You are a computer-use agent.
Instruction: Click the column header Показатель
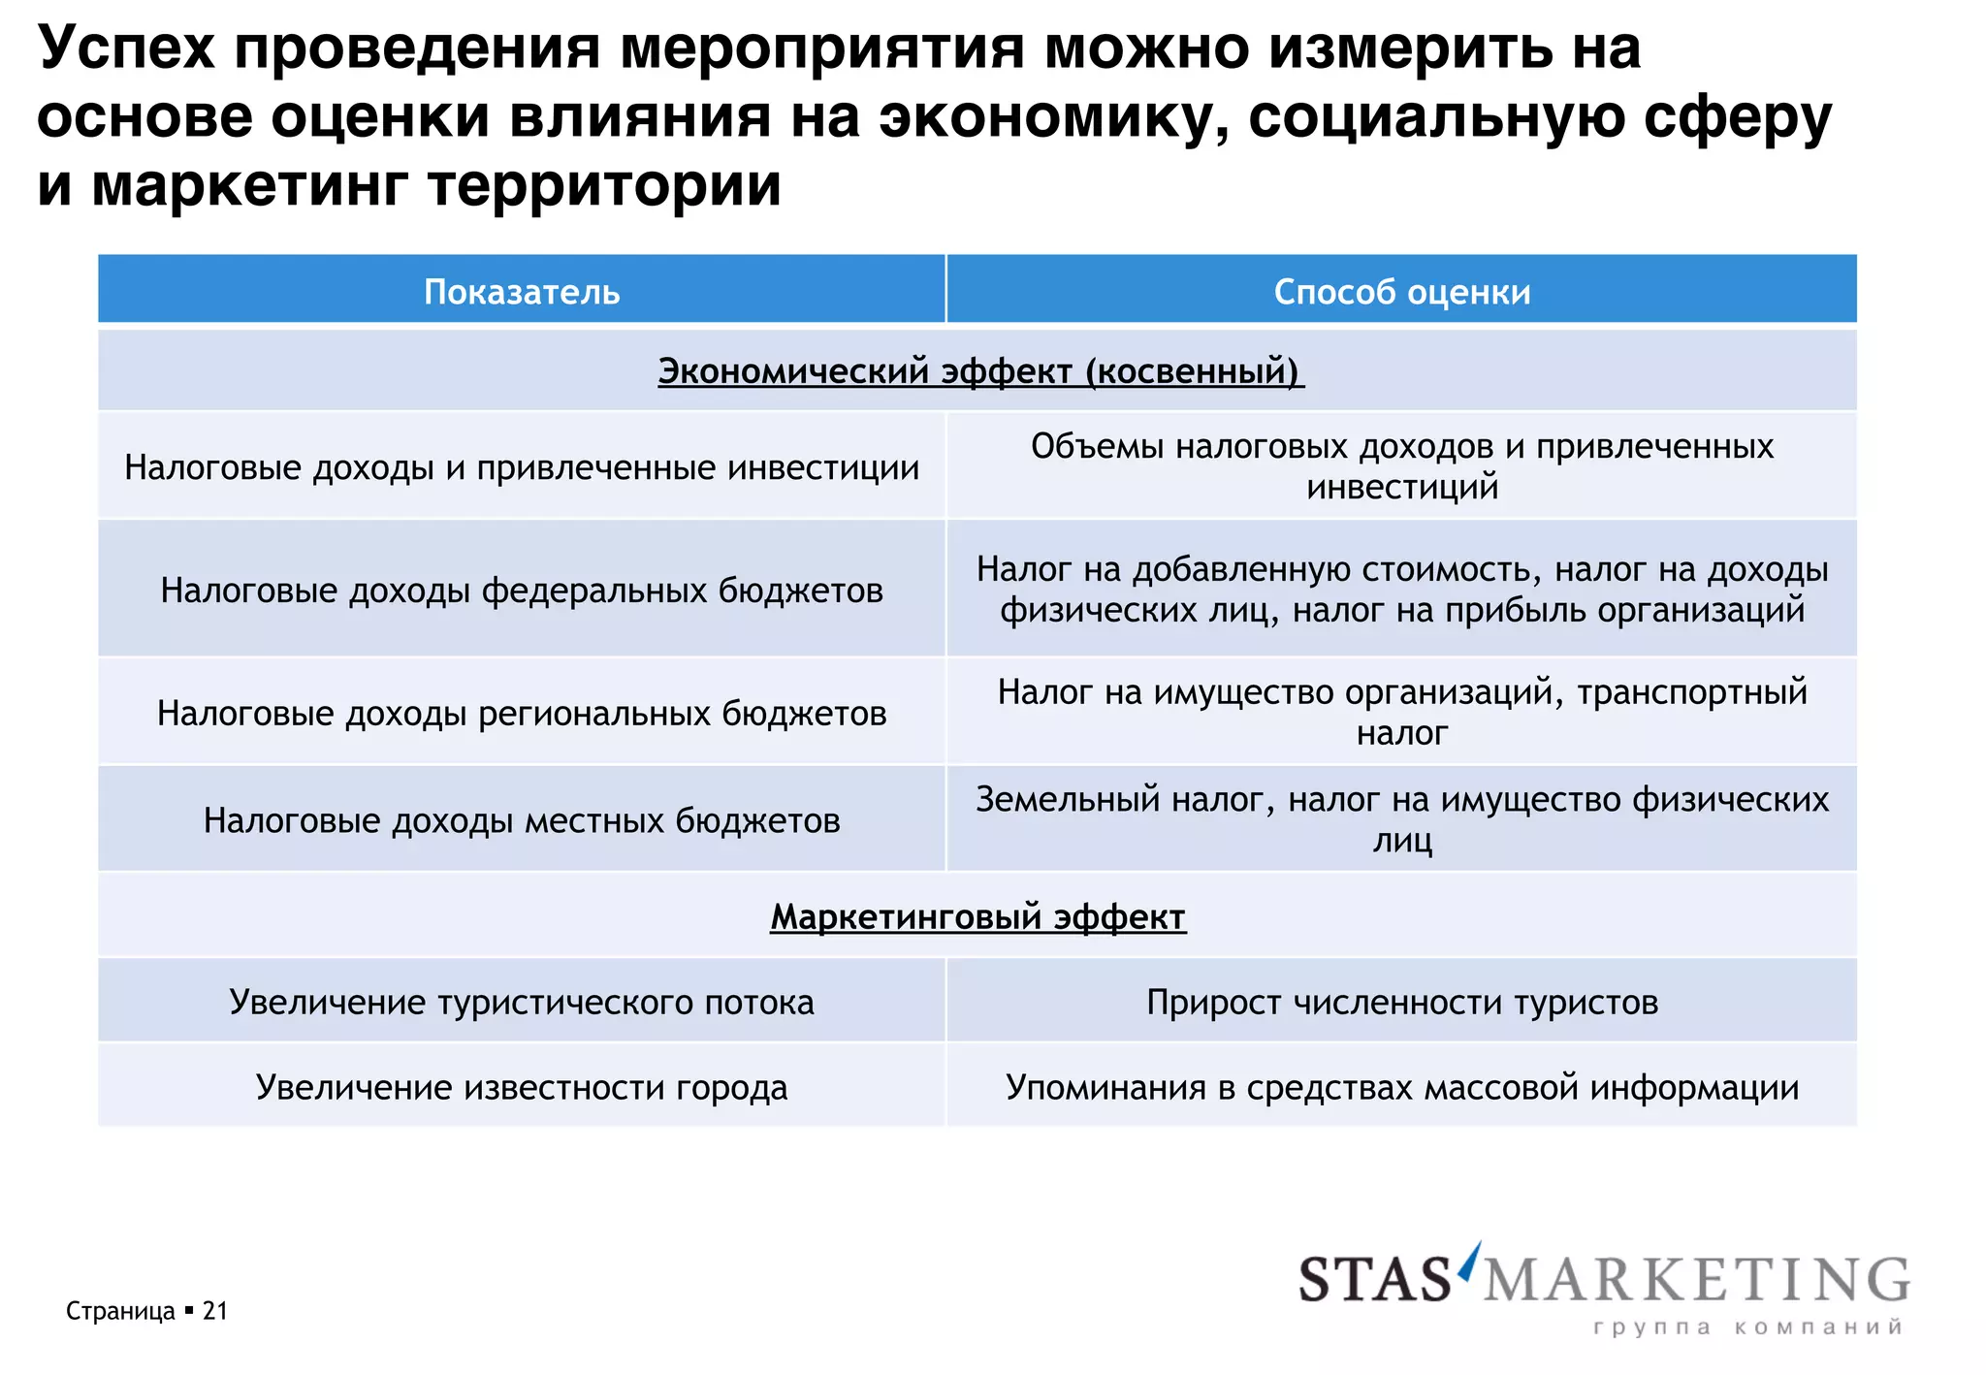click(x=522, y=292)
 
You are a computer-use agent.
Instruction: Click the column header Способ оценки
click(x=1401, y=292)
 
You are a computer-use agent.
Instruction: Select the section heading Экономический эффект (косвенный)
click(x=980, y=371)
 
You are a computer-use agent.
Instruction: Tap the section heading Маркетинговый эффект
click(x=977, y=916)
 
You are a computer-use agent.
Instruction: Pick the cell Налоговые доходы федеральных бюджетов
click(x=522, y=590)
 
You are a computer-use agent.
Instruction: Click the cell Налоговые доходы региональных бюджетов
click(x=522, y=713)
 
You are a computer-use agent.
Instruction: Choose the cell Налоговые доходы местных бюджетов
click(x=522, y=820)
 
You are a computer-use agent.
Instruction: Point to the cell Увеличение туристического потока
click(x=522, y=1002)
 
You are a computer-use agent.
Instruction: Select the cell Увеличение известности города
click(x=522, y=1087)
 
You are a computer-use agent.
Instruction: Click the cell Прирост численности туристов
click(x=1401, y=1002)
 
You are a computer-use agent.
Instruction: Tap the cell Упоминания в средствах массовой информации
click(x=1401, y=1087)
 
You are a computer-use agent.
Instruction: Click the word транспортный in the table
click(x=1692, y=692)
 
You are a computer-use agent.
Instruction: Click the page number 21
click(x=214, y=1311)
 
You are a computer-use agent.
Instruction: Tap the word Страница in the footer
click(x=120, y=1311)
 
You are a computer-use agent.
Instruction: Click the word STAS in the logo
click(x=1375, y=1280)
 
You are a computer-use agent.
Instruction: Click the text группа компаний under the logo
click(x=1747, y=1327)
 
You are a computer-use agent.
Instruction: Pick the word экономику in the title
click(x=1054, y=116)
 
